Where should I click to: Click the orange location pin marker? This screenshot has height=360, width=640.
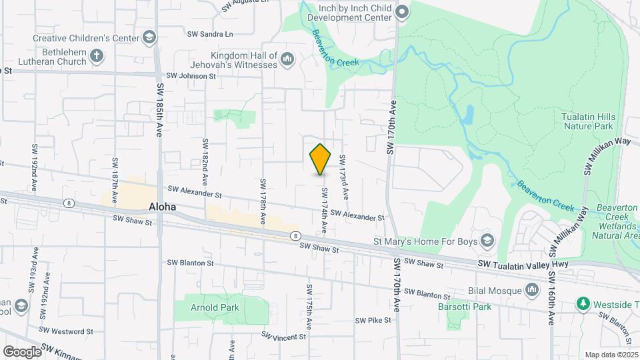coord(321,159)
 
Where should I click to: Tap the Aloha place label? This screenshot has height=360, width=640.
coord(163,207)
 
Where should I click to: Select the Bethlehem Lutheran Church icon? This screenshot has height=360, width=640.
coord(97,55)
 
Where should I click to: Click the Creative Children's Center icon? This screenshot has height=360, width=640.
coord(149,37)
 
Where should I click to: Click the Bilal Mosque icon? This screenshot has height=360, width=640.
coord(531,289)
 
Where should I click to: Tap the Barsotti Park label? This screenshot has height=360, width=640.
coord(465,307)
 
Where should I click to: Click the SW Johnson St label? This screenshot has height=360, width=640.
coord(191,76)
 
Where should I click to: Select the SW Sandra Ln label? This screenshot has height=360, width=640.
coord(210,33)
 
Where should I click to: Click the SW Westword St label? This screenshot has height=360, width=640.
coord(66,331)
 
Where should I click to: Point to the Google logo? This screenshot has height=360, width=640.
coord(22,351)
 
